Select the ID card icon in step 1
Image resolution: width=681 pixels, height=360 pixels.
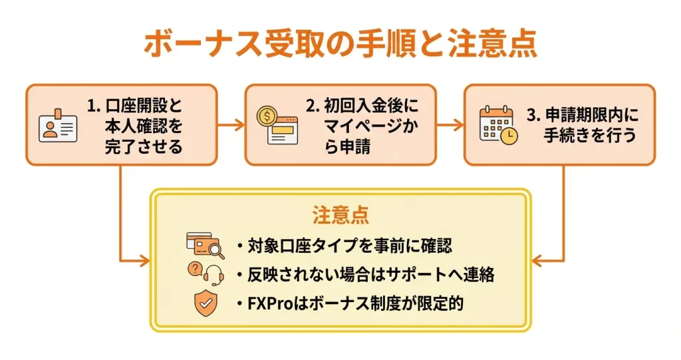pos(58,125)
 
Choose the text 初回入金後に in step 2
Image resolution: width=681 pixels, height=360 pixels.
pos(363,106)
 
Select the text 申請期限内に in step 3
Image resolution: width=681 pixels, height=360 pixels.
pos(582,114)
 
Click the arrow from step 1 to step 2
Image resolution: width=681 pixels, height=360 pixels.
pos(230,124)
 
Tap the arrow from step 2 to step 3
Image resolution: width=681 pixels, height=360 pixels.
pos(450,124)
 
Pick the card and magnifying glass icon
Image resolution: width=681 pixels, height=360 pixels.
pos(205,246)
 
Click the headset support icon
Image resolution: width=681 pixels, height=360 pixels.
pos(205,273)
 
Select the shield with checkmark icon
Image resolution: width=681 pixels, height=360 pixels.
pos(204,303)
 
